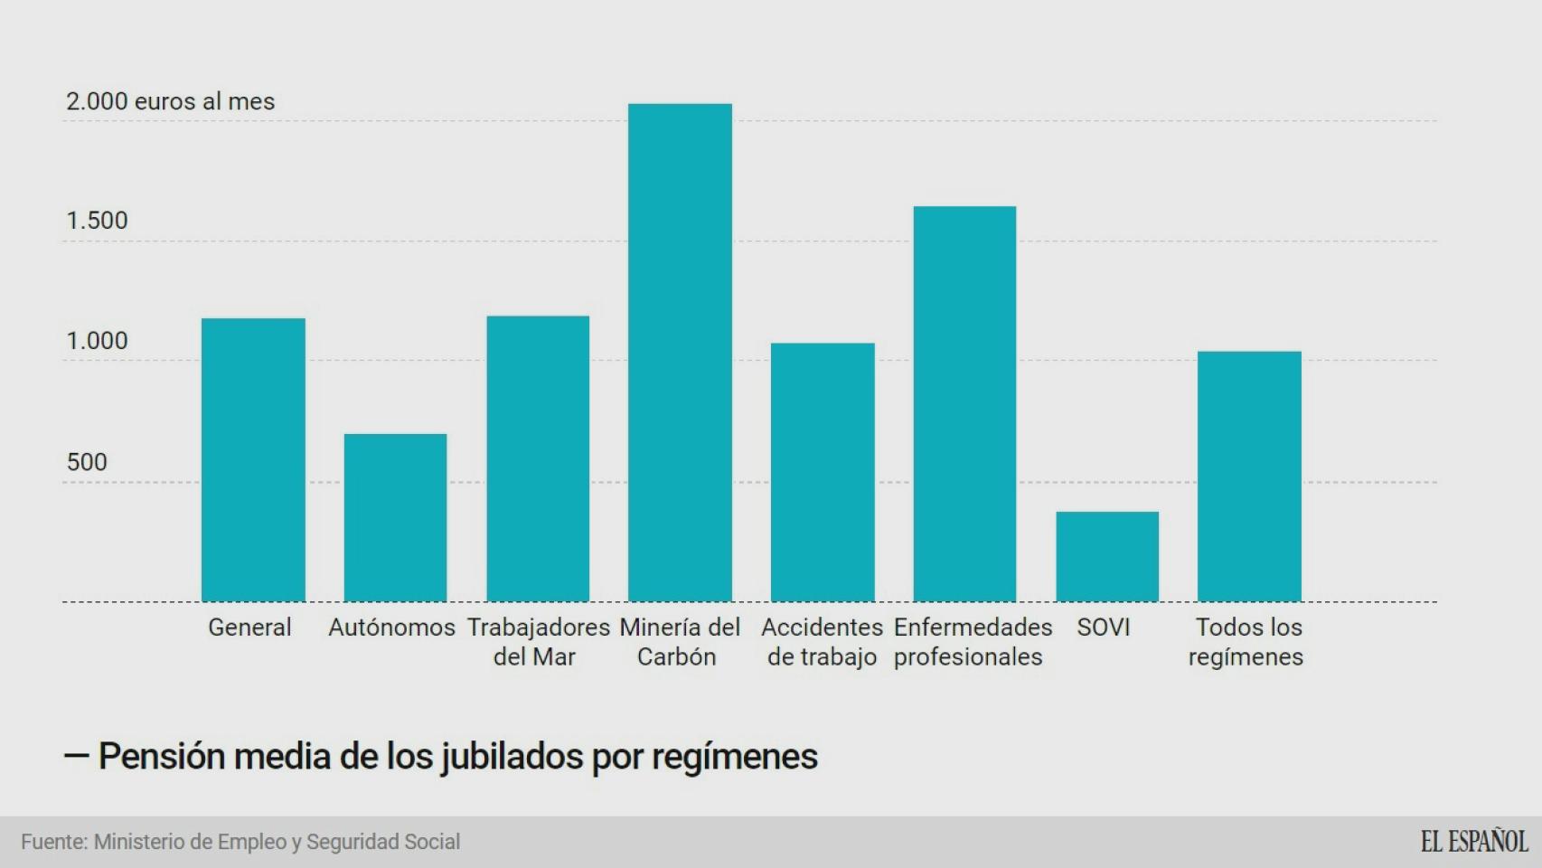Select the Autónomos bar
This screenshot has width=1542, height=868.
tap(395, 517)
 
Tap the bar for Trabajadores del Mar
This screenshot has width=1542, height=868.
tap(538, 458)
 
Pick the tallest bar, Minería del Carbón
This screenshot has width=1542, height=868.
tap(680, 353)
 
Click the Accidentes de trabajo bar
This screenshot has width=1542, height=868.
tap(823, 472)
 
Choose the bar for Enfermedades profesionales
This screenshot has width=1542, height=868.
tap(964, 403)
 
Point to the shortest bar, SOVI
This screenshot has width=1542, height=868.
tap(1107, 556)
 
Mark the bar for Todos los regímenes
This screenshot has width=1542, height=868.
tap(1249, 476)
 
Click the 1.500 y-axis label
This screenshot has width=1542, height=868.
tap(97, 221)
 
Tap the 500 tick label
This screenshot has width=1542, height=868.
tap(87, 462)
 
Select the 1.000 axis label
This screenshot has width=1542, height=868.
tap(97, 341)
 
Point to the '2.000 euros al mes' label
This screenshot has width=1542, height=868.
tap(170, 101)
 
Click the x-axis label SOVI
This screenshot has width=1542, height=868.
tap(1103, 627)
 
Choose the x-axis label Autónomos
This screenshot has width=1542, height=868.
tap(391, 627)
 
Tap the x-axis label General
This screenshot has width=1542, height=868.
tap(249, 627)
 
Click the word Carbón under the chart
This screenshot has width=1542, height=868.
tap(676, 657)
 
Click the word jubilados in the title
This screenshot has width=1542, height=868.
tap(512, 757)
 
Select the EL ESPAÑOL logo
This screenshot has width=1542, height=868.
tap(1473, 842)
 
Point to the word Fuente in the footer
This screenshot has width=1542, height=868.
tap(53, 842)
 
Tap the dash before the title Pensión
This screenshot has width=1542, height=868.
tap(76, 756)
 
